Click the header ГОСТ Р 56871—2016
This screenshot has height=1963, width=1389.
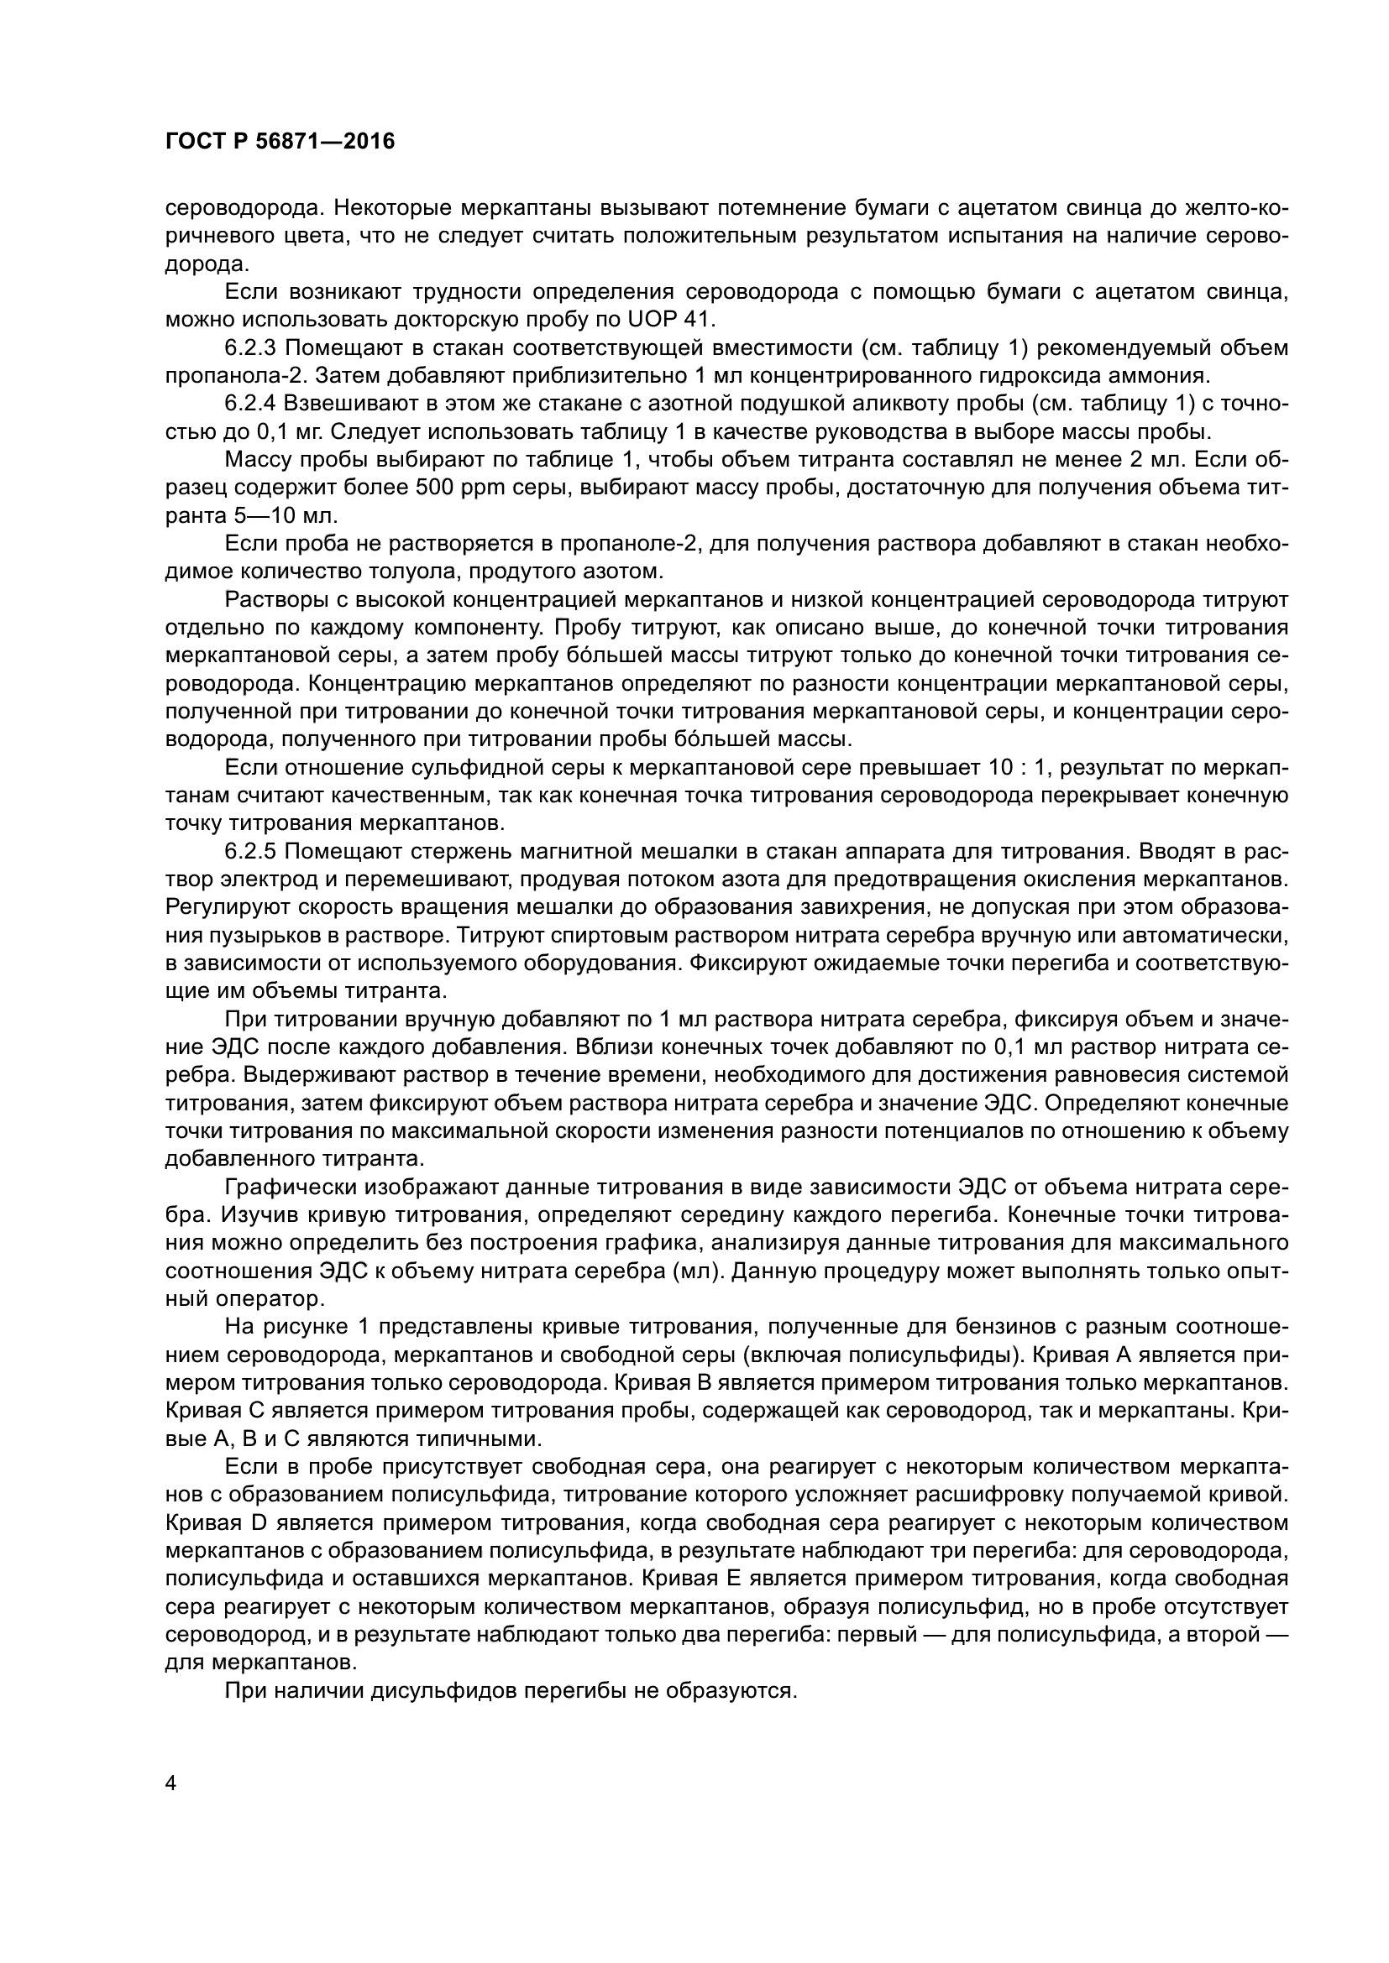point(280,142)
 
